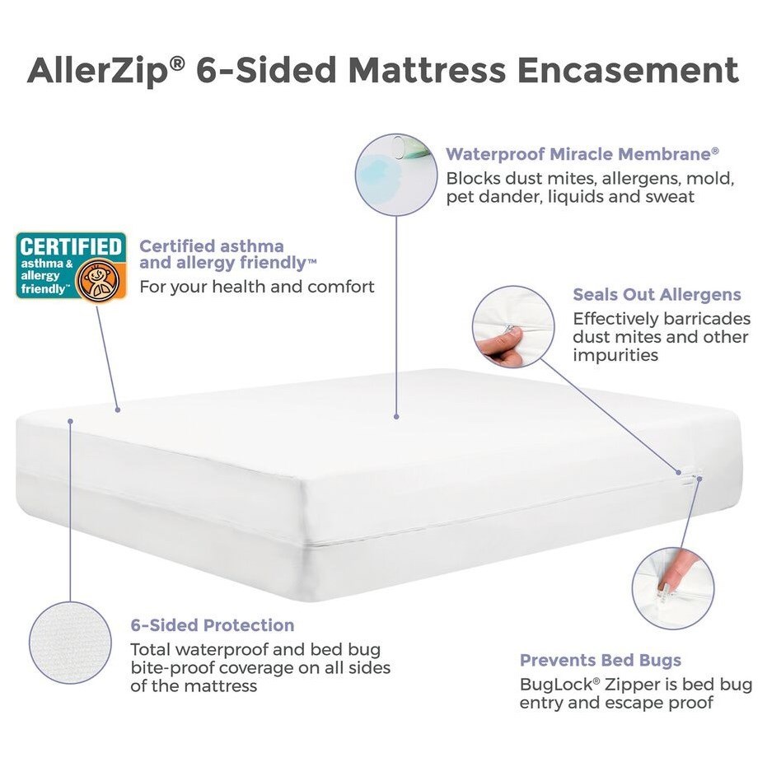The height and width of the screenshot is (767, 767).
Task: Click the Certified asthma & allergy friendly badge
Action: click(x=71, y=266)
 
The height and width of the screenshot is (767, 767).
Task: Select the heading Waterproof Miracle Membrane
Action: click(x=582, y=154)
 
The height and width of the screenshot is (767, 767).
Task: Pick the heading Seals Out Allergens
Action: click(x=657, y=294)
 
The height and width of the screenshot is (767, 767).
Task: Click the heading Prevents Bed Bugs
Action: click(x=600, y=660)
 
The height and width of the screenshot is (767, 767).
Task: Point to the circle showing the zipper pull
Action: click(x=672, y=587)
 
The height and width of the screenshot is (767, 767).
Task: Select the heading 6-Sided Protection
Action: click(x=213, y=624)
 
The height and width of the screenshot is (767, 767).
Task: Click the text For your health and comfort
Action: click(x=257, y=287)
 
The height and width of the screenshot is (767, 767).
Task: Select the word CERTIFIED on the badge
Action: click(x=71, y=246)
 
